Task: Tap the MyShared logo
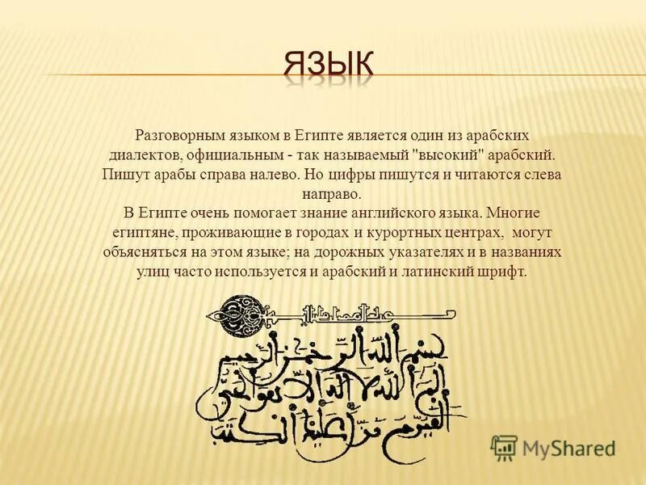554,448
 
